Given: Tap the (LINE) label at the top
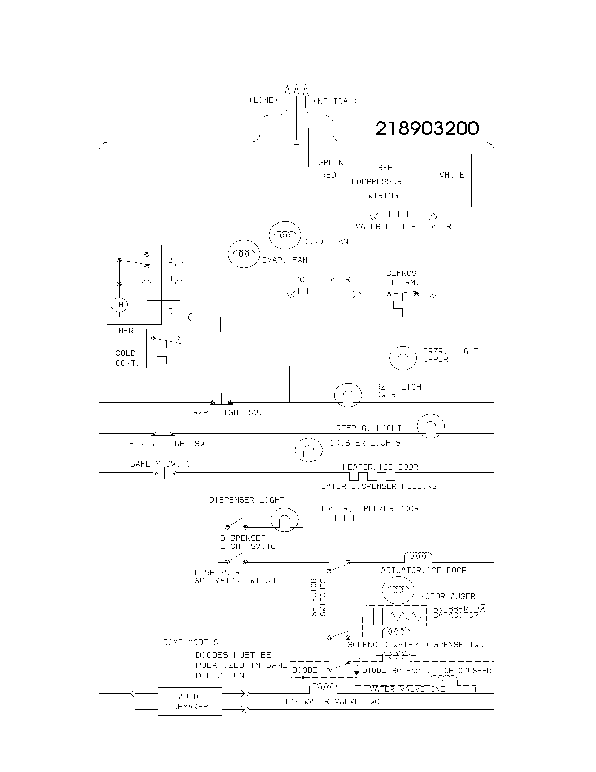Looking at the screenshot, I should point(263,100).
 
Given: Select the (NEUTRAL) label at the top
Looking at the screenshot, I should point(335,101).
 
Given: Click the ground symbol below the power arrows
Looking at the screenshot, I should point(296,143).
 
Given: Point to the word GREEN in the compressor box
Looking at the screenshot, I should point(331,162).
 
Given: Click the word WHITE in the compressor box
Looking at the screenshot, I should point(452,175).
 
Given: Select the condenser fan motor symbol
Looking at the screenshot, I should point(285,235).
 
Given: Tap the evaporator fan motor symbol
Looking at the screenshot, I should point(244,254).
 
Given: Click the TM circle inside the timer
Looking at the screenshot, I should point(119,305).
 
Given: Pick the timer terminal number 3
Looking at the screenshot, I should point(170,311).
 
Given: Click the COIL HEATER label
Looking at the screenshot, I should point(322,280).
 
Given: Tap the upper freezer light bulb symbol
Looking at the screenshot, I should point(403,358).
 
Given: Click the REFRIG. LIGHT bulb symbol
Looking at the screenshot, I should point(431,426).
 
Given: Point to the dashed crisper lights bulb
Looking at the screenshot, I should point(309,450).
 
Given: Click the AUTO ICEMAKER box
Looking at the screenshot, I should point(190,701).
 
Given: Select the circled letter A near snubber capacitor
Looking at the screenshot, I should point(482,608).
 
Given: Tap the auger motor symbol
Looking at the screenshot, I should point(398,590).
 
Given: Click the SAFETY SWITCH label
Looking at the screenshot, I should point(163,464).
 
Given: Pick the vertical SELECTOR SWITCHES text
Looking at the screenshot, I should point(318,597).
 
